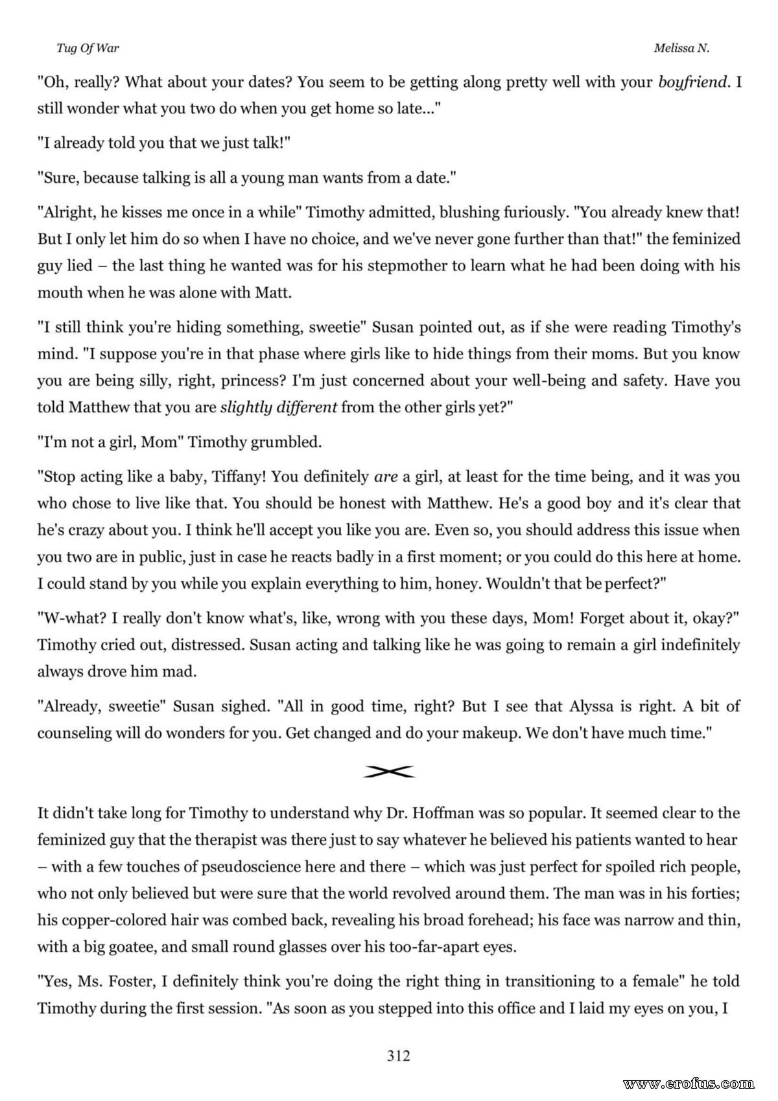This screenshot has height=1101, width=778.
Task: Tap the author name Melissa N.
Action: click(x=681, y=48)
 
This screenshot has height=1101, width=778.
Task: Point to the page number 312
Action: click(x=399, y=1056)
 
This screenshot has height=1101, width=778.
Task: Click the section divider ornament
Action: click(x=389, y=771)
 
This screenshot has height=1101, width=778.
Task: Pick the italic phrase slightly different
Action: click(x=279, y=408)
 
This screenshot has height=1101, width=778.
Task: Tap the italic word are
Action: click(x=386, y=477)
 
